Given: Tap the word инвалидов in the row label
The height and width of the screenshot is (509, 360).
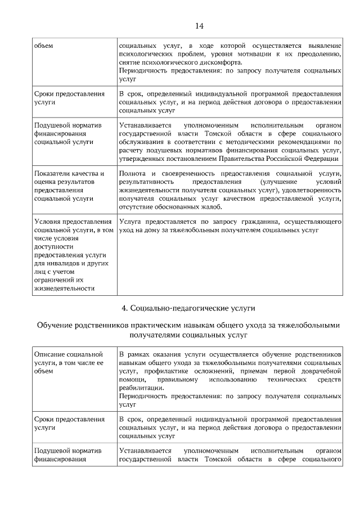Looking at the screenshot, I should pos(59,263).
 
